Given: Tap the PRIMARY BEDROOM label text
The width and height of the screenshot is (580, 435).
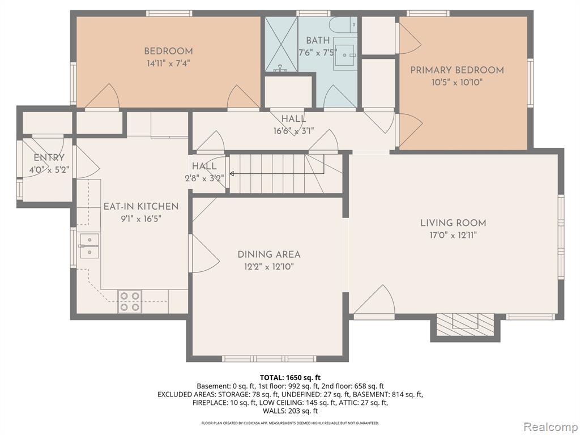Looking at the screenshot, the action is (x=457, y=70).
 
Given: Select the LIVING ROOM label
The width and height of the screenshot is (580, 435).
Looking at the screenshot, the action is (x=453, y=223).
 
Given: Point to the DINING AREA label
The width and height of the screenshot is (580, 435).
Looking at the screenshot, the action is (x=269, y=254).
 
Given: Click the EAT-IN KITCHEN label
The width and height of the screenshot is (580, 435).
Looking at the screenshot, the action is (x=141, y=206).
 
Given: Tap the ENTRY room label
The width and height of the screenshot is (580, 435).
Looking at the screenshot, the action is (x=49, y=158).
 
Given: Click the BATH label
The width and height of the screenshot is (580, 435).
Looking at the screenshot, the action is (x=318, y=40).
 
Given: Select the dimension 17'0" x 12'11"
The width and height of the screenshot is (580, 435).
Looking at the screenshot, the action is (x=453, y=235).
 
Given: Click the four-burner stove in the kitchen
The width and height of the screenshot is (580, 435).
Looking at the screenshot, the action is (x=130, y=301).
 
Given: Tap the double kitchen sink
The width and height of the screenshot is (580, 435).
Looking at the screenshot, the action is (x=89, y=246).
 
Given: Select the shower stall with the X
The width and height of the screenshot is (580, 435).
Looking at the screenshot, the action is (x=281, y=44).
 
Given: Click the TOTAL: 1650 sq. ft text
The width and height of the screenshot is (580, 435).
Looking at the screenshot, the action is (x=290, y=378).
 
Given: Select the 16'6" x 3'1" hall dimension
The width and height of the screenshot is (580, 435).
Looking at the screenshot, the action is (x=294, y=131).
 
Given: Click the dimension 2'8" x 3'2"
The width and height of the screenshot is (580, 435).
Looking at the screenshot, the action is (x=204, y=178).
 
